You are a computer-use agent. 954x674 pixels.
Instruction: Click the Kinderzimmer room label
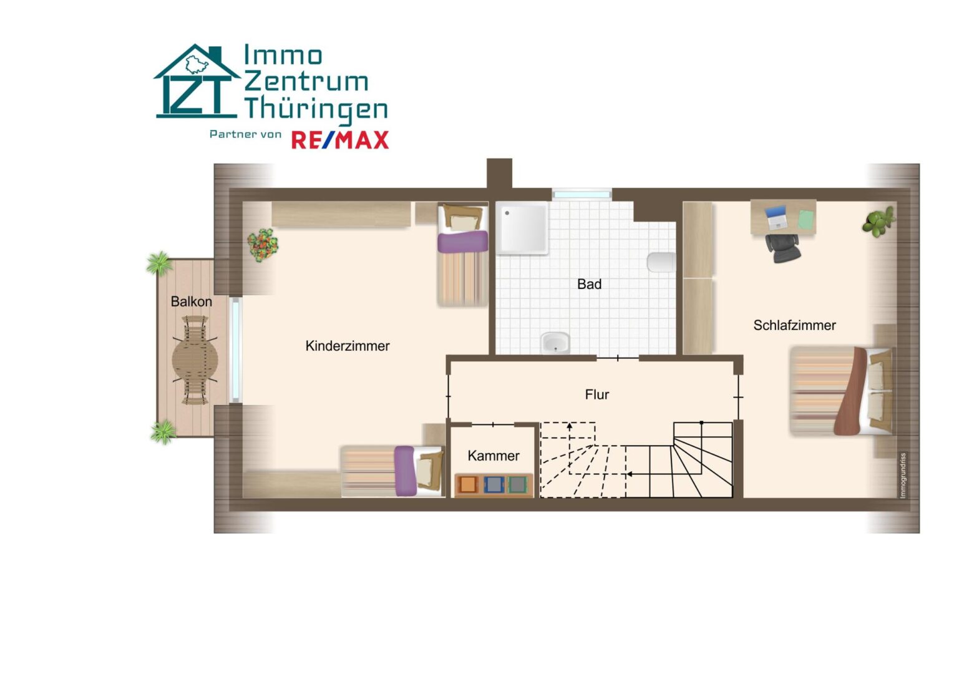click(348, 346)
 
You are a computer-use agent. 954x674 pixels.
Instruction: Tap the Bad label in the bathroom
click(590, 284)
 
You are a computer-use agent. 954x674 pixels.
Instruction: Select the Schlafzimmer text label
click(794, 326)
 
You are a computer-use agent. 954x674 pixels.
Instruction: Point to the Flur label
click(596, 394)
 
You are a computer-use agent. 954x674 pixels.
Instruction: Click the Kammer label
click(493, 456)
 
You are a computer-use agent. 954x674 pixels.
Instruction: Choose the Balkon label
click(191, 301)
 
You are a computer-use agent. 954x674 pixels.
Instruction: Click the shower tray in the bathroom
click(522, 228)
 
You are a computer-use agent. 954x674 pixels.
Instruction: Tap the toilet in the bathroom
click(661, 262)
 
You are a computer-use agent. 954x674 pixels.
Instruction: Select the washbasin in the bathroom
click(555, 343)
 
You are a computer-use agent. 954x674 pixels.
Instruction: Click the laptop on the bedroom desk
click(776, 217)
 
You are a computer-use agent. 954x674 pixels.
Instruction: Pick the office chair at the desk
click(783, 248)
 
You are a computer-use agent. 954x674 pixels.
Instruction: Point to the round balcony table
click(195, 361)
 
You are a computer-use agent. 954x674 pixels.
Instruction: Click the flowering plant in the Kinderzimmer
click(263, 245)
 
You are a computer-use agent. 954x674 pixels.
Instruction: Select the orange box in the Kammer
click(467, 484)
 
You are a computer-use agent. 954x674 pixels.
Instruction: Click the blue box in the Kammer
click(494, 484)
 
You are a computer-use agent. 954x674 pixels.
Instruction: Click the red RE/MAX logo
click(340, 140)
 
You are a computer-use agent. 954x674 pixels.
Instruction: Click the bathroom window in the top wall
click(582, 195)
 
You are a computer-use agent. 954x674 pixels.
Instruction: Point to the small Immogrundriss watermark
click(902, 475)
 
